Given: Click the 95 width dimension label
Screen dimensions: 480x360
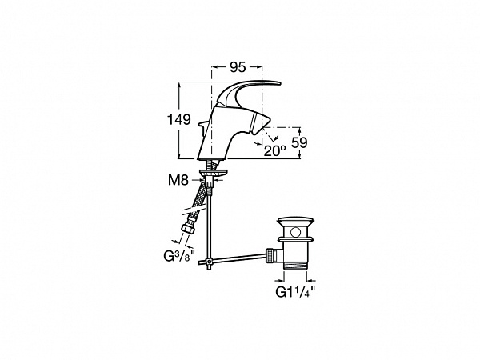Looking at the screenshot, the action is click(238, 67).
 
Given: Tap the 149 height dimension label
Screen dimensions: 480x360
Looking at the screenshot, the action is click(178, 119).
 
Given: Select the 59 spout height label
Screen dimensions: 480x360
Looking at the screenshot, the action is click(299, 142).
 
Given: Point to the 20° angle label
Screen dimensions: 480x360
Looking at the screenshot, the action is click(275, 150).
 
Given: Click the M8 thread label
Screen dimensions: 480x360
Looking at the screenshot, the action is click(178, 180).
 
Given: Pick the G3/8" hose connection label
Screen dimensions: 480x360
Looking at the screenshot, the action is click(179, 256).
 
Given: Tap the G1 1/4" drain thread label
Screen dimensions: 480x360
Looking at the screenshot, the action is click(295, 292).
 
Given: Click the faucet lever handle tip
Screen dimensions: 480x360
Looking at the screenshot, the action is click(278, 83).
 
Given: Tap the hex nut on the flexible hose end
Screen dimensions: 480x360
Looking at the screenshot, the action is click(186, 229).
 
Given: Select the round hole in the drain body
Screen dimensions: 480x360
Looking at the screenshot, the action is click(295, 232).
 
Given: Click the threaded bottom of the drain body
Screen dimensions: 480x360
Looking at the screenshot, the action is click(295, 265).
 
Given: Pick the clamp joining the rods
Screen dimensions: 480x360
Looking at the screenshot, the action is click(209, 262).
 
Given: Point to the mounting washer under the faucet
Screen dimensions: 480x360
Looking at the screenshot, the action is click(213, 174).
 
